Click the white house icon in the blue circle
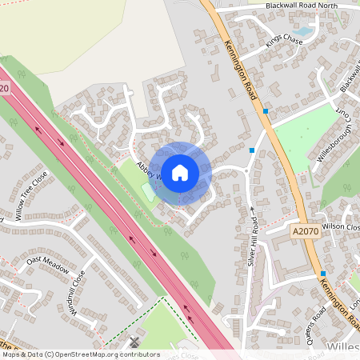click(180, 172)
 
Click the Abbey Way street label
click(149, 171)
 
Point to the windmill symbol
click(134, 342)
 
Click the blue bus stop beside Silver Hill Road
click(252, 150)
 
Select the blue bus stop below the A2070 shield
click(300, 273)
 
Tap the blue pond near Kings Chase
click(304, 33)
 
